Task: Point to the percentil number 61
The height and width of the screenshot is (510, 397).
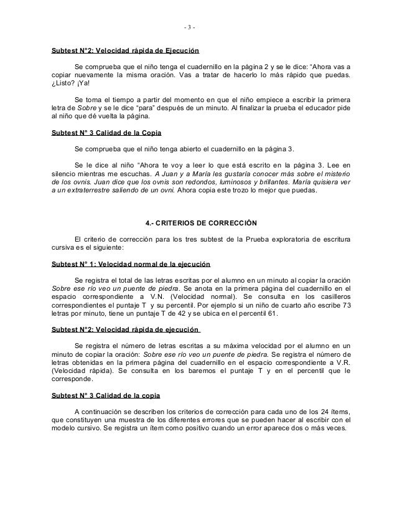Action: [274, 315]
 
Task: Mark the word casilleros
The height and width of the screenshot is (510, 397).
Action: [329, 298]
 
